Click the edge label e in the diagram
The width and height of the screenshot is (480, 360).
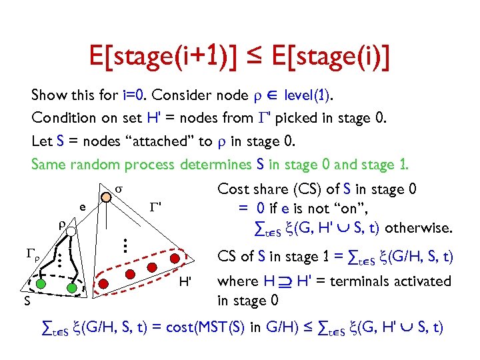81,207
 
